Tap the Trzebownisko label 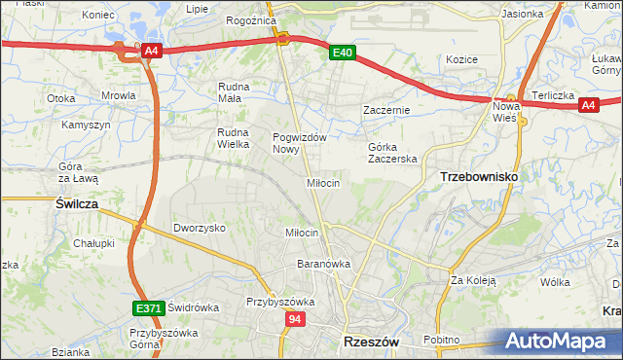478,176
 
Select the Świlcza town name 74,203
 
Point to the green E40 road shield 340,54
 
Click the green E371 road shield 148,308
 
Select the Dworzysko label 200,228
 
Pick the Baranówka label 324,264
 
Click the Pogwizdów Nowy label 299,143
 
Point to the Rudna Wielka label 235,138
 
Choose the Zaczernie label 387,110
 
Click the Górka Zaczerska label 392,153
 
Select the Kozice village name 461,59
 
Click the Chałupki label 94,243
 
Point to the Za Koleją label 473,280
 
